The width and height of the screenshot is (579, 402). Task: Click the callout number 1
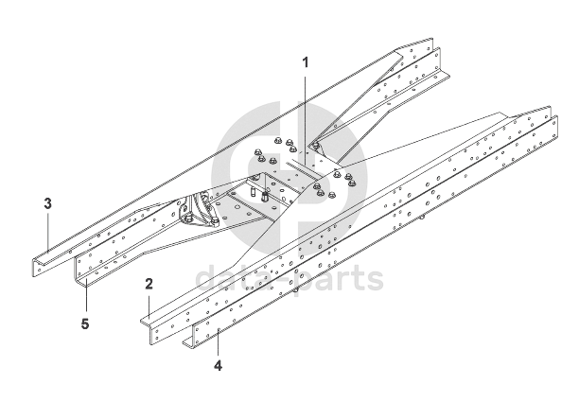click(x=306, y=61)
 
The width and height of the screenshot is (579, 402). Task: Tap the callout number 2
click(x=149, y=284)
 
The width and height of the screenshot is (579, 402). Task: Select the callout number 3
click(x=47, y=202)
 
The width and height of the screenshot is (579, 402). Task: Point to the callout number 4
click(x=218, y=364)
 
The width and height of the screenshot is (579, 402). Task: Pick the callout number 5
click(x=86, y=324)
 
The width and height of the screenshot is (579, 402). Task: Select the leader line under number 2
click(x=149, y=307)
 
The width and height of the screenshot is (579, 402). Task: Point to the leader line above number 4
click(x=218, y=341)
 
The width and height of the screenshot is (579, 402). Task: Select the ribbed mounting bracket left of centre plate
click(x=198, y=211)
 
